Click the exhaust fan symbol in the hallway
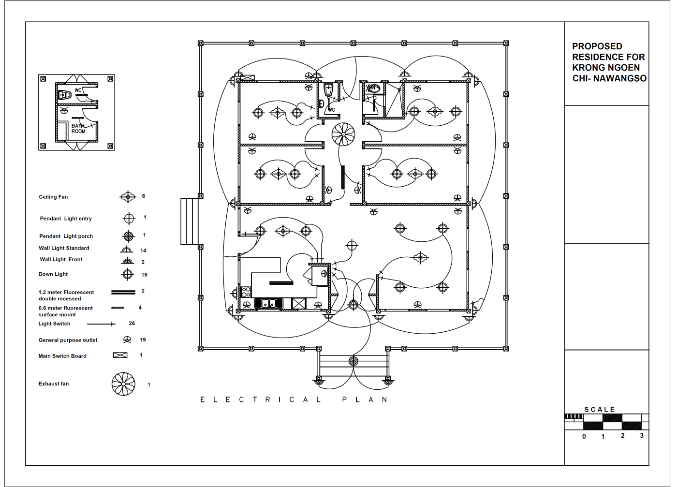coord(343,134)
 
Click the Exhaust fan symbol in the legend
coord(123,384)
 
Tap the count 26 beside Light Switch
coord(132,323)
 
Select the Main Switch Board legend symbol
coord(120,355)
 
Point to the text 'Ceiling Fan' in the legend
coord(53,197)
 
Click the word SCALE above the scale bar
coord(600,410)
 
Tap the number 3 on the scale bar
coord(642,436)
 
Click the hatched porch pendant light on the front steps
coord(353,361)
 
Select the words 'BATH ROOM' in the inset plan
coord(78,129)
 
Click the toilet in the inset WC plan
coord(64,95)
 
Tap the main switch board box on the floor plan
coord(247,78)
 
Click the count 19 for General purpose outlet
coord(143,340)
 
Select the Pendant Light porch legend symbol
coord(129,236)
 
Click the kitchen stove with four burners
coord(246,292)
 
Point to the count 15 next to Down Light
coord(144,275)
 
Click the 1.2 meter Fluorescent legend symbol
coord(123,292)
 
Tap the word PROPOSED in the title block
coord(597,46)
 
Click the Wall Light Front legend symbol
coord(127,261)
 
